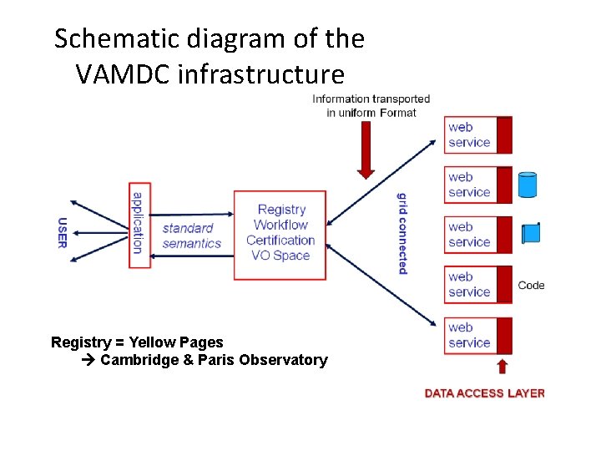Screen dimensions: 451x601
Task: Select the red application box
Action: click(x=139, y=224)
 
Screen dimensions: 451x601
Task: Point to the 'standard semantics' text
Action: click(x=191, y=236)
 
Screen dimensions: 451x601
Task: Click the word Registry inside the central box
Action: click(x=281, y=210)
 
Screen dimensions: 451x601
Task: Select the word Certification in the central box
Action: click(x=280, y=241)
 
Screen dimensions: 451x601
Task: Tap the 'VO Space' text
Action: click(x=280, y=256)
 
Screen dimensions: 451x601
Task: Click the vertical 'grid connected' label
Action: click(x=402, y=233)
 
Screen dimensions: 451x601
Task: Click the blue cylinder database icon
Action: click(x=527, y=185)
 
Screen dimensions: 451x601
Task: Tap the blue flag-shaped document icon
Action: click(x=531, y=233)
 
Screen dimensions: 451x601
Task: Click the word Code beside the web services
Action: click(x=531, y=286)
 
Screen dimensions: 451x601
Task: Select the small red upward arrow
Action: click(x=503, y=366)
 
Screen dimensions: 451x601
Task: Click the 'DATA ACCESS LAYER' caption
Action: click(x=484, y=393)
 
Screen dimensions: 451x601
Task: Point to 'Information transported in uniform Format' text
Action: click(x=371, y=105)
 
